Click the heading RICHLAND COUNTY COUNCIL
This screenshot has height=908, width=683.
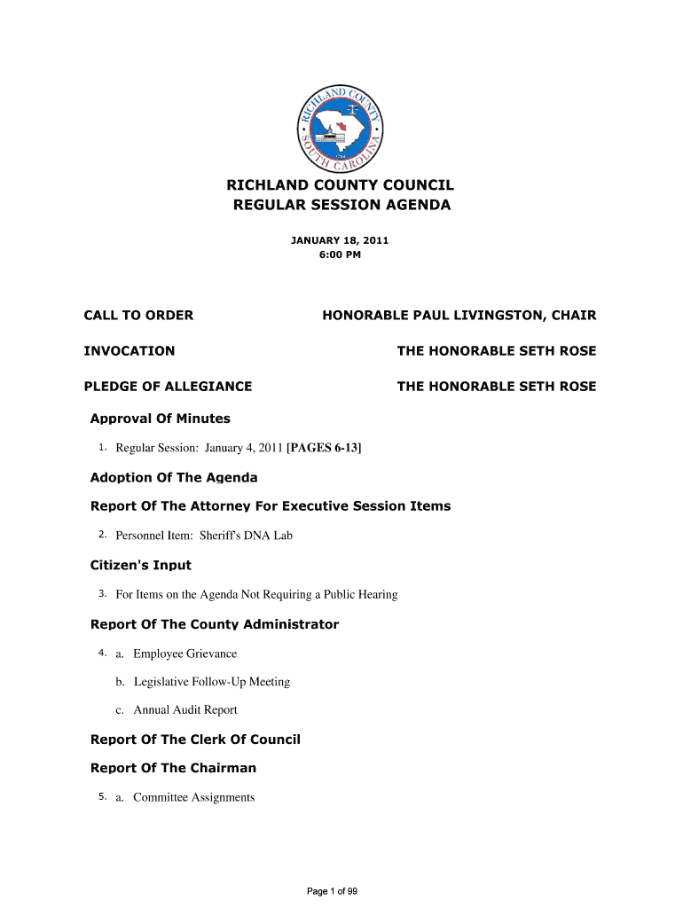(341, 185)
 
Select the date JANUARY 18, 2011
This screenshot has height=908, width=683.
(341, 240)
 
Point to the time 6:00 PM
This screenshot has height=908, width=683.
(341, 255)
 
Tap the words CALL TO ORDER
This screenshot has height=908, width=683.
(138, 316)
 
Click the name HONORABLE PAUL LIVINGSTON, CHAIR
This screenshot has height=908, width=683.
(459, 316)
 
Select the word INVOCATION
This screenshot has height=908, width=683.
(130, 351)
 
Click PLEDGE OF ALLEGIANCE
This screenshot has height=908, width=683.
(168, 387)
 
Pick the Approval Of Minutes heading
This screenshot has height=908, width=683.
(161, 419)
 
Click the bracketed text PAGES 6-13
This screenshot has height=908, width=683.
(324, 448)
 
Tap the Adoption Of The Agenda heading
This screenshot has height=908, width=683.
(174, 478)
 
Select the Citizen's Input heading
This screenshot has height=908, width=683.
(141, 565)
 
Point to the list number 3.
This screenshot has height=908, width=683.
(103, 594)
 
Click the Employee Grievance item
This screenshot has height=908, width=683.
(184, 654)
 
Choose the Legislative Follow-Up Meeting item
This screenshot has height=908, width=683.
(212, 682)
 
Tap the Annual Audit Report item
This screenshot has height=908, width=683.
(185, 710)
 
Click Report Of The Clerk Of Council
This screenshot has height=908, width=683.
(195, 740)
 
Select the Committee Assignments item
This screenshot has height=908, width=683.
(193, 797)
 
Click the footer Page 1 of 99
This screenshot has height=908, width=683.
(332, 891)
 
